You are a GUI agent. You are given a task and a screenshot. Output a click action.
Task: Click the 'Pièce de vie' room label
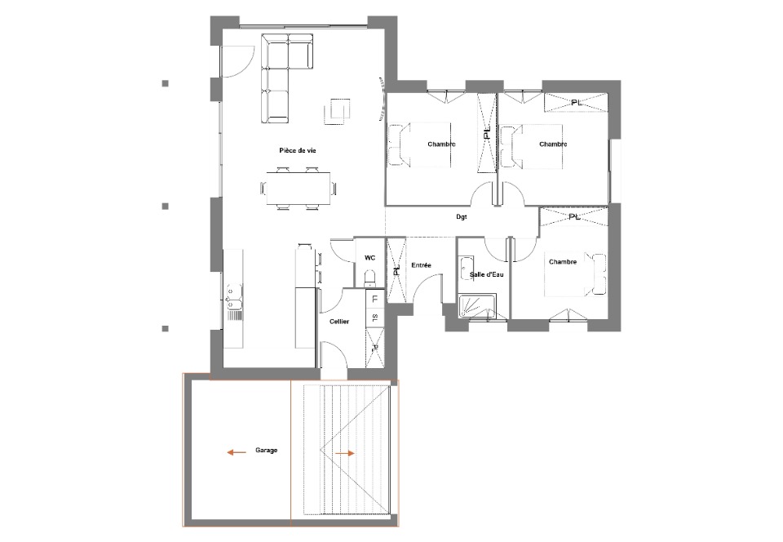tap(298, 150)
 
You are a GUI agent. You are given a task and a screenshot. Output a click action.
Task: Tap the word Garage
tap(266, 450)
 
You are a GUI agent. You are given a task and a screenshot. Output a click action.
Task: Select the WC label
tap(369, 258)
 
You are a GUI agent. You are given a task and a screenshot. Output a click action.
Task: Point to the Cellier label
tap(339, 322)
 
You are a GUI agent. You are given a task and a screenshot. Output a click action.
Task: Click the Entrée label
tap(421, 265)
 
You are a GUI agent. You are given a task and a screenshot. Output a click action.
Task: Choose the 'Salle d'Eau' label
tap(486, 274)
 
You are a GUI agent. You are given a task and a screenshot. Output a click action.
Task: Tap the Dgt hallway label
tap(462, 217)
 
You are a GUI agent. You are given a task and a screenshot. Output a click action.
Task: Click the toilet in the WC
tap(370, 278)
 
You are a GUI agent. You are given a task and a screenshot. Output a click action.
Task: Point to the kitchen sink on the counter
tap(234, 297)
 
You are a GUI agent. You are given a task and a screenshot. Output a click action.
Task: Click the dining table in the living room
tap(299, 189)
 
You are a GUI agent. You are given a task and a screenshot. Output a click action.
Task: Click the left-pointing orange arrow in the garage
tap(237, 452)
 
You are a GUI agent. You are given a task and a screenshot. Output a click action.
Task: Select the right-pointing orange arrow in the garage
tap(344, 454)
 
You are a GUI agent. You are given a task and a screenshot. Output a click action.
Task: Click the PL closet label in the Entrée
tap(397, 270)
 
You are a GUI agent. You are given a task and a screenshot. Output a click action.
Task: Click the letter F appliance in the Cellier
tap(375, 300)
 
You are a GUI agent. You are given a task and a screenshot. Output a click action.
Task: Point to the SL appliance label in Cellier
tap(375, 318)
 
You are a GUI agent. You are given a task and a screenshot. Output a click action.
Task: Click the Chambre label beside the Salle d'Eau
tap(563, 262)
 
